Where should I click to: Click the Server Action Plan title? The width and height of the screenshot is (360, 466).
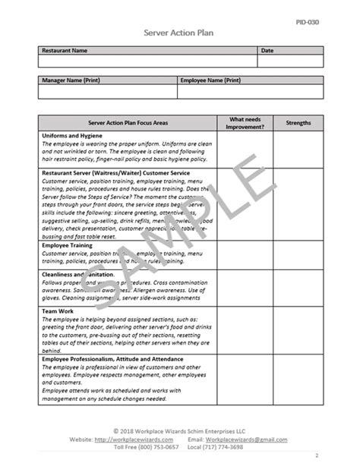click(179, 33)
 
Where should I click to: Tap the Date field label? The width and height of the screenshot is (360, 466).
click(267, 51)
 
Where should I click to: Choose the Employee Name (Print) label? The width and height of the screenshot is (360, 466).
click(210, 80)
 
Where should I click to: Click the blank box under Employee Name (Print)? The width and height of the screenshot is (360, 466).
click(250, 91)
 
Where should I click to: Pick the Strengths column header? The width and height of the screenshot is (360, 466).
click(298, 122)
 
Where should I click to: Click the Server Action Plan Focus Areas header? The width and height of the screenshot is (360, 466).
click(128, 122)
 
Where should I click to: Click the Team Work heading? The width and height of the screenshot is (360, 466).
click(58, 310)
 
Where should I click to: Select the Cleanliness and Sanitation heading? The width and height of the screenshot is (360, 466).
click(78, 274)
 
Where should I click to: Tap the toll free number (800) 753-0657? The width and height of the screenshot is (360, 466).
click(160, 447)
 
